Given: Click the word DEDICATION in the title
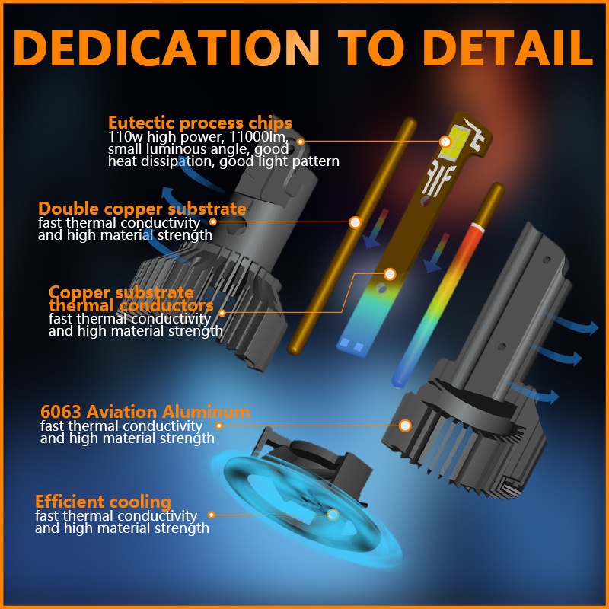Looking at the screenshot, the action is click(166, 47).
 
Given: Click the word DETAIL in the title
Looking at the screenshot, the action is click(508, 47).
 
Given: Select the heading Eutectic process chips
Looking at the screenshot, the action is click(200, 123).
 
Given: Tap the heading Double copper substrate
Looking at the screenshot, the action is click(142, 209).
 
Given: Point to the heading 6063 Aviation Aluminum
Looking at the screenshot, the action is click(145, 411).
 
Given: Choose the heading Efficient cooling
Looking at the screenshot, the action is click(103, 502).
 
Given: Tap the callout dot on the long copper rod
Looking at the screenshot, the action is click(355, 222).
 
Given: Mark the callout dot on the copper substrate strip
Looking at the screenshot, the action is click(390, 274).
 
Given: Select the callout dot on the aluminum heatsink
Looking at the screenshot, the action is click(405, 426).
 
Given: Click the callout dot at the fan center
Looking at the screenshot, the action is click(333, 515).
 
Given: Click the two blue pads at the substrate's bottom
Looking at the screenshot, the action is click(352, 346).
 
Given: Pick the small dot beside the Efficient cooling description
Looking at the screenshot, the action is click(212, 515).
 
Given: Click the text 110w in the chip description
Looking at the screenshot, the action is click(122, 137).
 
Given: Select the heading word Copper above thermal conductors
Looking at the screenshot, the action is click(79, 293).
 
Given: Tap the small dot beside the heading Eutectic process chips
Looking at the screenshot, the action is click(300, 142).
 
